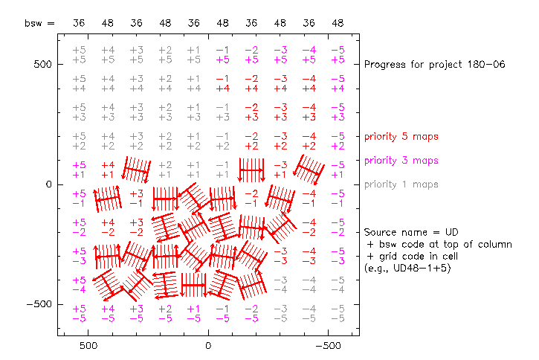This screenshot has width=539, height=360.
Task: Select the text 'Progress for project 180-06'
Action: point(434,65)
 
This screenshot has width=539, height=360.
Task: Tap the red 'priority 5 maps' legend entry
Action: point(401,137)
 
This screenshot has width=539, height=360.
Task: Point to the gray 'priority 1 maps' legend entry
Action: point(401,184)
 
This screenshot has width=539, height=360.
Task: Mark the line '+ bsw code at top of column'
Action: point(439,244)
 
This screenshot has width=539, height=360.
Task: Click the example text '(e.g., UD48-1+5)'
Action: point(408,268)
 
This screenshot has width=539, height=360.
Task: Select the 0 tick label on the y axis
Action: point(48,184)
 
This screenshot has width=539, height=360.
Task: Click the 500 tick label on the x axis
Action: point(88,346)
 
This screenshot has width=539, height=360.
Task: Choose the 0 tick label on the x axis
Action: point(208,346)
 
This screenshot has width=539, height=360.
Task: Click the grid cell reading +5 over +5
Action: point(79,54)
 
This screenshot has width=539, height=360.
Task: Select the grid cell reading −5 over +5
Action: point(338,54)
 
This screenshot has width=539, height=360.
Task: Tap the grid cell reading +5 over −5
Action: point(79,313)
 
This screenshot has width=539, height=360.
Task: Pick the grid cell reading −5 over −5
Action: point(338,313)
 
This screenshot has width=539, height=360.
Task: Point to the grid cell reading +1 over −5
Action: point(193,313)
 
